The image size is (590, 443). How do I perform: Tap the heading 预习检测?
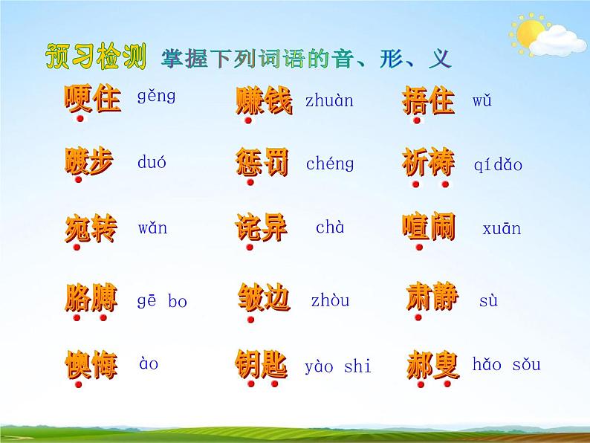[95, 57]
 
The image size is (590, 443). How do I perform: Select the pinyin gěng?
[156, 96]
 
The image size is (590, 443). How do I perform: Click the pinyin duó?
[152, 162]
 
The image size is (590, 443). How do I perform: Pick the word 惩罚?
[262, 162]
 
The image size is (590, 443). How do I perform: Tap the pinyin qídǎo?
[498, 164]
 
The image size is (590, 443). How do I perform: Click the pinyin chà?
[330, 227]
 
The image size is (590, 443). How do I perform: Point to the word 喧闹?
[429, 227]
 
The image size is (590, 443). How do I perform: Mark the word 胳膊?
[91, 299]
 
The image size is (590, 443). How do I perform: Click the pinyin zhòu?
[330, 301]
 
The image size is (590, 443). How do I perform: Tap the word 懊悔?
[91, 366]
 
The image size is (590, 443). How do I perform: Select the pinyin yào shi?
[338, 366]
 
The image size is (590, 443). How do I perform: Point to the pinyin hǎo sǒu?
[507, 364]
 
